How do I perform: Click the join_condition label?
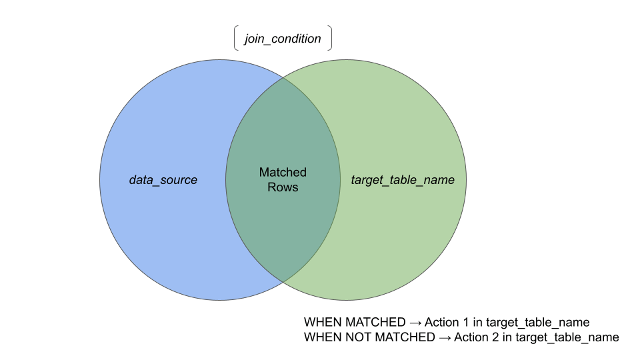(x=283, y=39)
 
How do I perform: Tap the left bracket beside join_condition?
(x=236, y=38)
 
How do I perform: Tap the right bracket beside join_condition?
(x=329, y=38)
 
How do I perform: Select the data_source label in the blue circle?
(x=163, y=180)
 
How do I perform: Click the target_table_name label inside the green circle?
(x=403, y=180)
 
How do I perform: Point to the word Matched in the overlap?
(x=283, y=173)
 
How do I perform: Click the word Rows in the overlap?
(x=283, y=187)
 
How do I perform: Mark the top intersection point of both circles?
(x=283, y=78)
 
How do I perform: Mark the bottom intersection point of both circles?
(x=283, y=282)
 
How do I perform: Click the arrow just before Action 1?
(x=417, y=322)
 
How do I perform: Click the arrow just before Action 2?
(x=445, y=338)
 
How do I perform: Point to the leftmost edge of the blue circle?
(x=99, y=180)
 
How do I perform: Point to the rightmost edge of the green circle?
(x=466, y=180)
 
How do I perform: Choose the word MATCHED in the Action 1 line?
(x=373, y=322)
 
